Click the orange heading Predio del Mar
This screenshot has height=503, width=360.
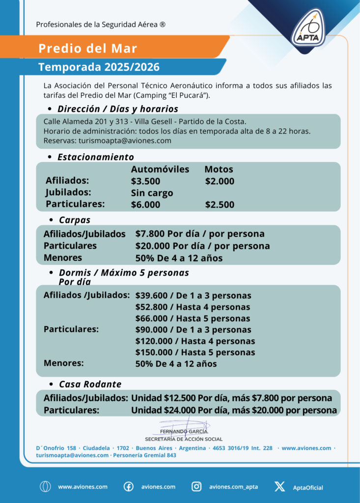[x=87, y=48]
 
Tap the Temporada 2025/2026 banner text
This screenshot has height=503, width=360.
[x=99, y=67]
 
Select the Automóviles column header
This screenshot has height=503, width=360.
[x=160, y=169]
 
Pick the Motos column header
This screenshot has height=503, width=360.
[x=219, y=169]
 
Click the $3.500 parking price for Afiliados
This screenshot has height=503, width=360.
[x=145, y=181]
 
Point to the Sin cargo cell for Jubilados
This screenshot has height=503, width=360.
[x=152, y=193]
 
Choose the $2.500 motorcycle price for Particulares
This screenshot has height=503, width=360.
[x=220, y=205]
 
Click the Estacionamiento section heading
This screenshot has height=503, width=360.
[x=95, y=157]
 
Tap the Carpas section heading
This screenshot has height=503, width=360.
[x=75, y=220]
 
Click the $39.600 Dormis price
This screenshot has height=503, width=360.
[x=150, y=296]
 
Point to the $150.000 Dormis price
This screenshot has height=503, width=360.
[x=152, y=353]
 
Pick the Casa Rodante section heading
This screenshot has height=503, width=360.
[x=90, y=384]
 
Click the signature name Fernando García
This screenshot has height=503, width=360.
[x=183, y=431]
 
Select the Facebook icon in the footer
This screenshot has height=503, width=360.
[x=128, y=487]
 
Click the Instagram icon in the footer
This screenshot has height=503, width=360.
[x=196, y=487]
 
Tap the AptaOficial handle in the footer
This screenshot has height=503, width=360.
[x=308, y=487]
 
